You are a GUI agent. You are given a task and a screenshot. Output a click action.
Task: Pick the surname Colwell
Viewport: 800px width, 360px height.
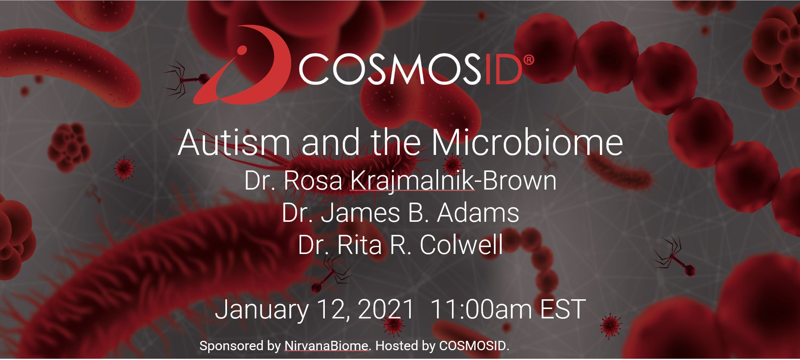click(x=461, y=245)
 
